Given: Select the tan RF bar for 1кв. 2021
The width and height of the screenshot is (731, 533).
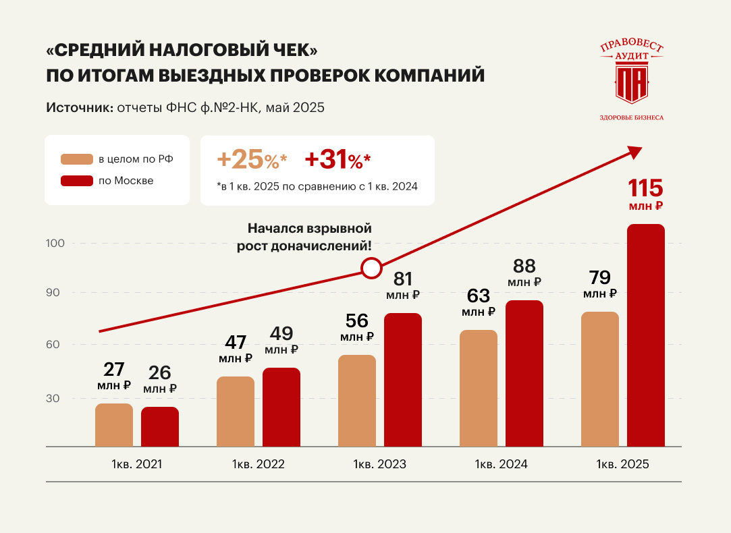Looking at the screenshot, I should pos(114,425).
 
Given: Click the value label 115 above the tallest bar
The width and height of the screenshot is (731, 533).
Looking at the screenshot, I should pos(646,188).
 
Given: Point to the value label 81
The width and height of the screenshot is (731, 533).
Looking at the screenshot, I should pos(403,279).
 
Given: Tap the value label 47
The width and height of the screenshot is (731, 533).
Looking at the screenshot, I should pos(236,342).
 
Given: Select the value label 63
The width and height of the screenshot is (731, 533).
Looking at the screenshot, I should pos(479,296).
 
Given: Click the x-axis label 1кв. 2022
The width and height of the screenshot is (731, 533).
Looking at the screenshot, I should pos(259,464).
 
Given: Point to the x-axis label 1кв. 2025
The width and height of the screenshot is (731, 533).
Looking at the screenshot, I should pos(622,464).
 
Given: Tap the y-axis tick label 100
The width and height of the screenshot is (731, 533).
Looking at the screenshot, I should pos(55,243).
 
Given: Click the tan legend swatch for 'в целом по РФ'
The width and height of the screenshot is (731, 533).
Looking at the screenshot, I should pos(76,159).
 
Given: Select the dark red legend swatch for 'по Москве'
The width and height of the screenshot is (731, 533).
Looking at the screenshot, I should pos(76,181).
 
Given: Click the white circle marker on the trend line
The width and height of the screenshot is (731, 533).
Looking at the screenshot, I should pos(371,268).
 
